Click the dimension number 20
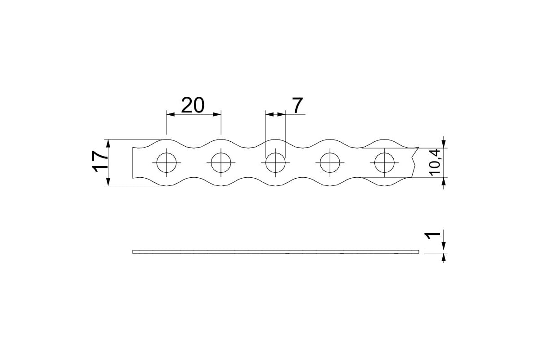coord(193,105)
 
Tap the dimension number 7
coord(297,105)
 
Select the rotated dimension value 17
coord(100,161)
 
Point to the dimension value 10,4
coord(435,162)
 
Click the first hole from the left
coord(166,163)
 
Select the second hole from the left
coord(221,163)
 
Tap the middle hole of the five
coord(275,163)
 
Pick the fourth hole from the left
coord(330,163)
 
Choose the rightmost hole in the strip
coord(384,163)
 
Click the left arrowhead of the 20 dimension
coord(171,114)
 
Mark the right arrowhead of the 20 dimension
coord(217,114)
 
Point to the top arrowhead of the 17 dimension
coord(108,144)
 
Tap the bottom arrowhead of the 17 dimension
coord(108,182)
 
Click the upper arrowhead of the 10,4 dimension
coord(444,144)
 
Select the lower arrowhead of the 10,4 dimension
coord(444,181)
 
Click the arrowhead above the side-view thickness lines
coord(444,246)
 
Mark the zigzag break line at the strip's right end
coord(415,162)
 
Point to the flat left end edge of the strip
coord(133,163)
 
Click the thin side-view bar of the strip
coord(276,252)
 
